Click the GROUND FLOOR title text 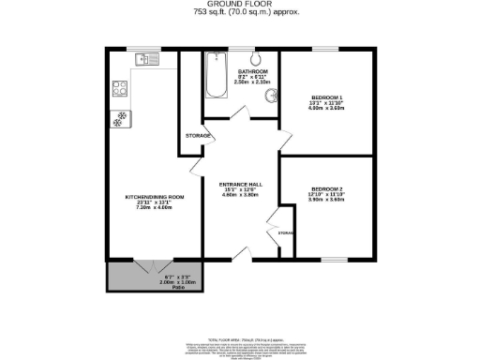240,5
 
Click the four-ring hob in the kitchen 120,90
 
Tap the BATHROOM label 253,72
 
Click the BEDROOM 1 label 327,97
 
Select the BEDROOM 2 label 327,188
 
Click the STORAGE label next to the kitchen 196,137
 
